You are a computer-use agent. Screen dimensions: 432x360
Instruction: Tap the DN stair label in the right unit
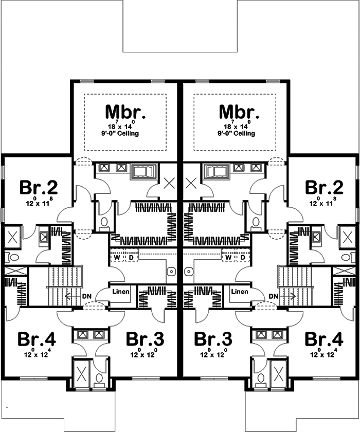[x=273, y=296]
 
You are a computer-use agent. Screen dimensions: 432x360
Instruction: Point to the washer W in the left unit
[x=118, y=257]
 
